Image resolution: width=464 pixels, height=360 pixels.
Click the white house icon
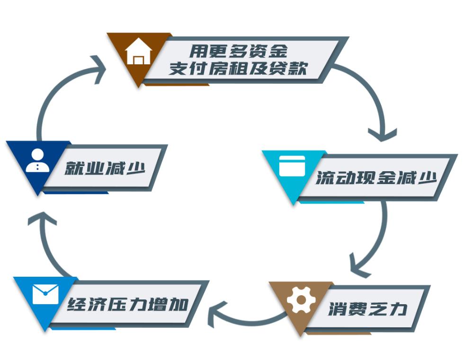point(138,52)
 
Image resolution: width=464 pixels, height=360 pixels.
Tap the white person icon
point(37,160)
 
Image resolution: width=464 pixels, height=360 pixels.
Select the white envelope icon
point(45,294)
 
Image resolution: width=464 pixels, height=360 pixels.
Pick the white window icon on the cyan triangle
point(292,166)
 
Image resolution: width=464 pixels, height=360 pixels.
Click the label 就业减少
point(105,167)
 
